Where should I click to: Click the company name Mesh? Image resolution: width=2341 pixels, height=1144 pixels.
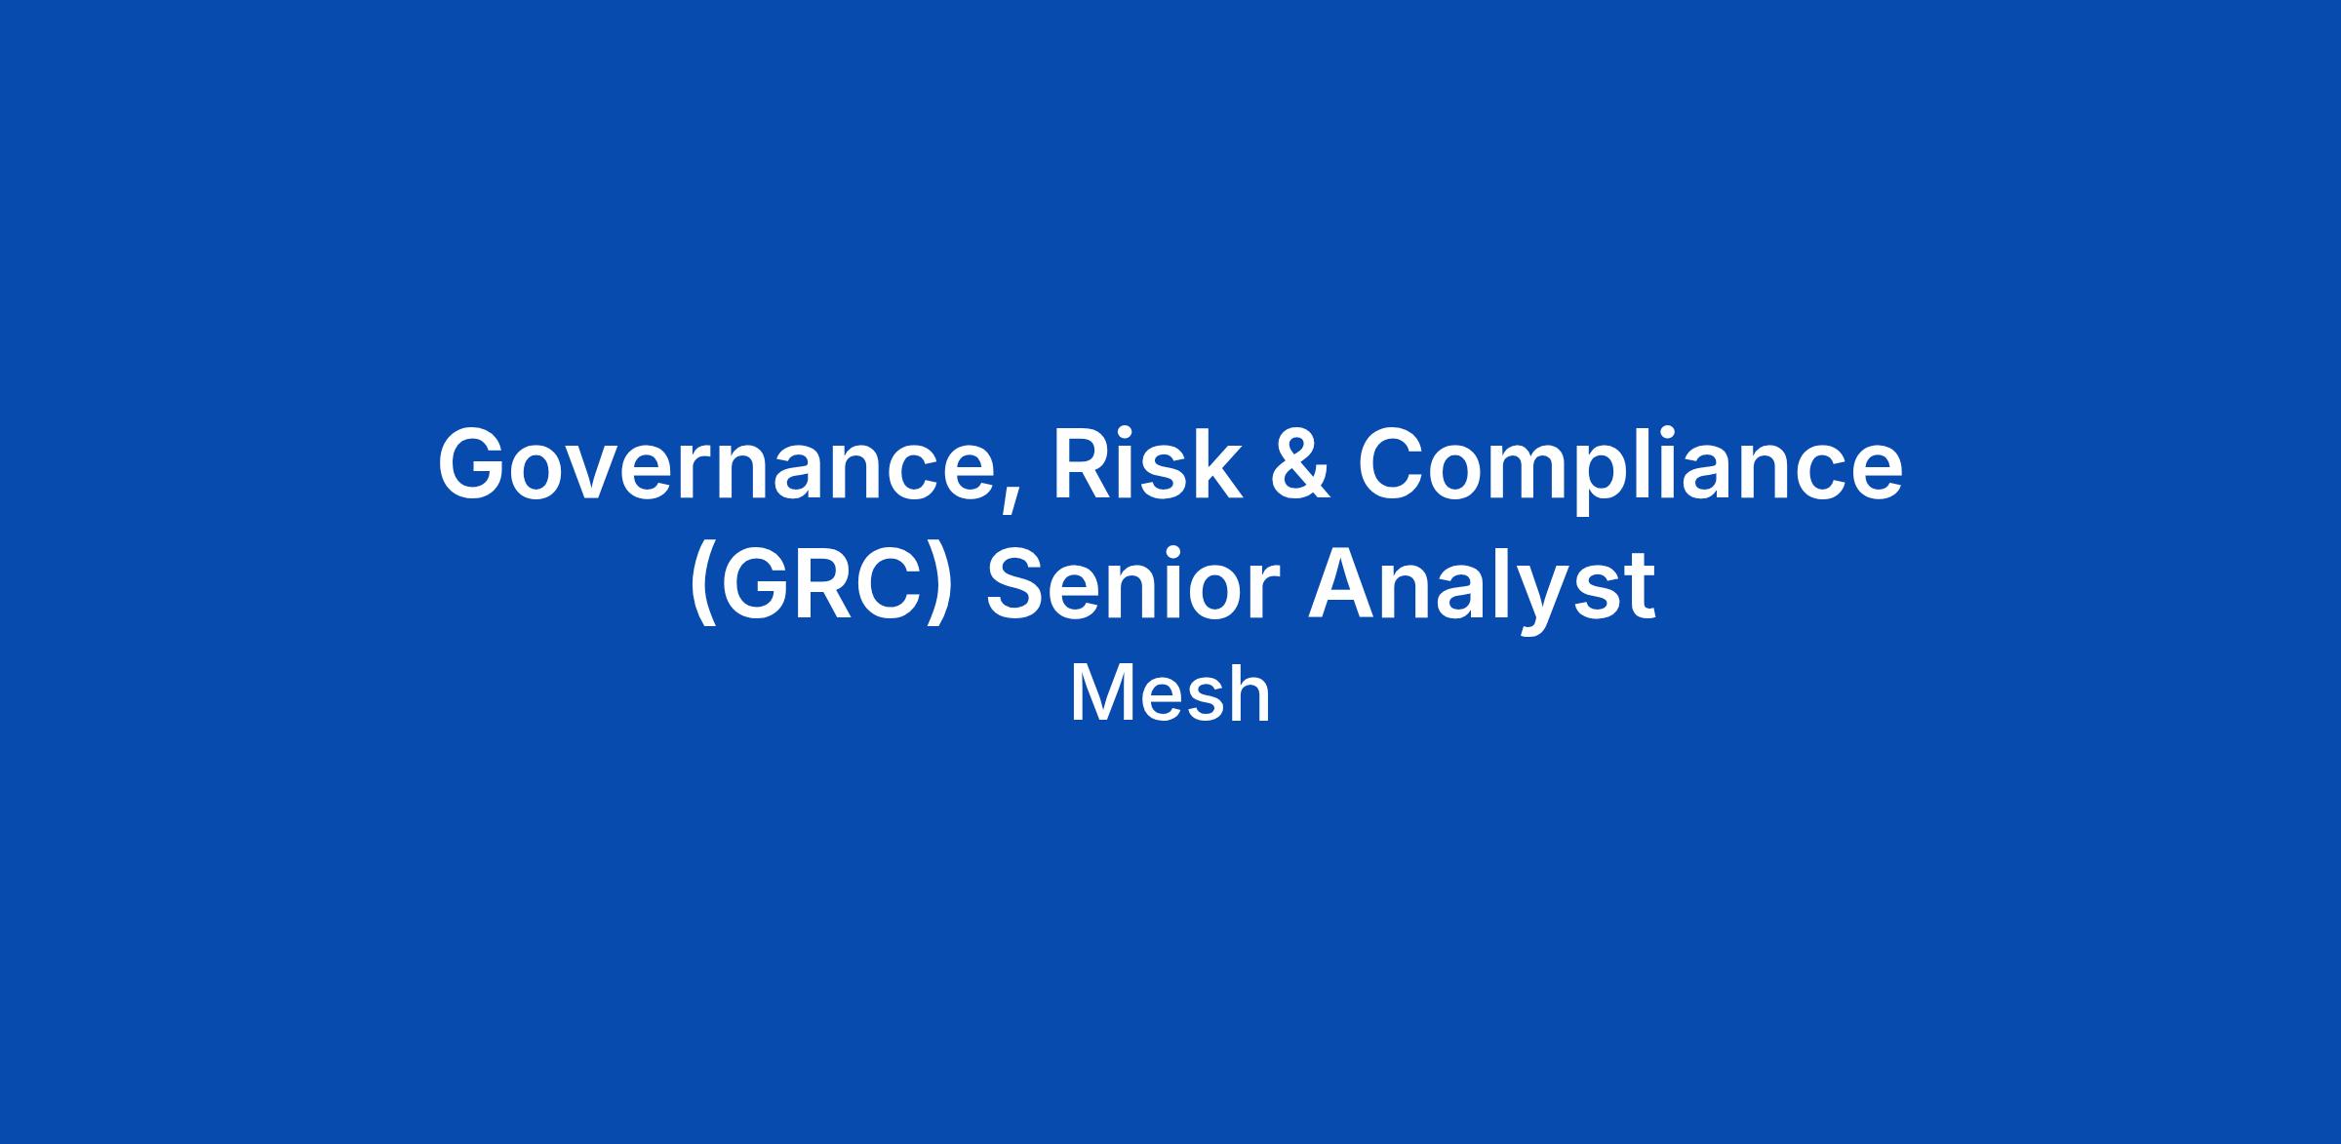(x=1170, y=694)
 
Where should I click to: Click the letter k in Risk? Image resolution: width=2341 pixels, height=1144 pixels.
(x=1213, y=462)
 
